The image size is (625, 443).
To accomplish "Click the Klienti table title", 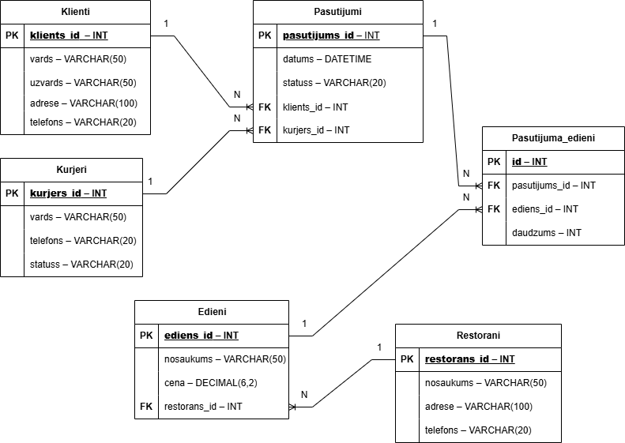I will (x=75, y=12).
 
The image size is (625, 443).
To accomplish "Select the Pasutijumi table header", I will (x=337, y=12).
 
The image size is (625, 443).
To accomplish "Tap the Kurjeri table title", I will (x=71, y=170).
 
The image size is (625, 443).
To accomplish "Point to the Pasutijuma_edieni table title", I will (x=552, y=138).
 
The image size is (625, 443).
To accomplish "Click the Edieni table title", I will (x=212, y=312).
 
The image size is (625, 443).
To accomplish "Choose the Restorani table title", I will (x=478, y=336).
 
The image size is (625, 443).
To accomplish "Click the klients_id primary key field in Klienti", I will (x=69, y=36).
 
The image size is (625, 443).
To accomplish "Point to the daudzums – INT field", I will (x=547, y=233).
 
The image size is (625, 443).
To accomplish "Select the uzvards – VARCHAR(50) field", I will (x=83, y=82).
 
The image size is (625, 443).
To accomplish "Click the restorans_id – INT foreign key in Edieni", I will (x=203, y=407).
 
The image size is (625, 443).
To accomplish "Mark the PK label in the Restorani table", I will (x=406, y=359).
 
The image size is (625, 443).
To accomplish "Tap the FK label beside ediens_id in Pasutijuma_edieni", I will (x=494, y=209).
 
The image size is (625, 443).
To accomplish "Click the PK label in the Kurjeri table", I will (x=12, y=193).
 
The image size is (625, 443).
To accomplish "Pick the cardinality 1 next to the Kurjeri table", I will (x=151, y=182).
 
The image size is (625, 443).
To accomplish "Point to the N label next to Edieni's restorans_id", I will (x=304, y=396).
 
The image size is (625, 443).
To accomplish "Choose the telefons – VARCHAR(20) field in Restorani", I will (x=478, y=430).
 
